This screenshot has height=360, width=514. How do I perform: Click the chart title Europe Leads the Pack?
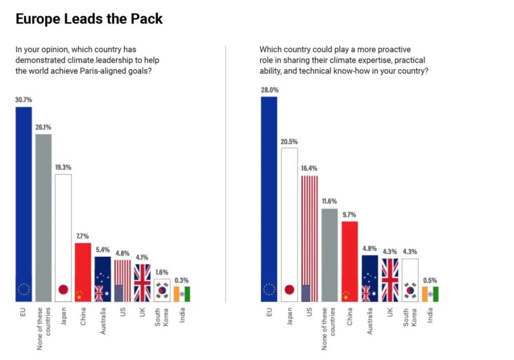pos(89,19)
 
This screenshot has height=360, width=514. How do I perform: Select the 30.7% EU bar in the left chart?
pos(24,200)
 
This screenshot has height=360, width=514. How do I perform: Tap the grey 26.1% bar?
pos(43,217)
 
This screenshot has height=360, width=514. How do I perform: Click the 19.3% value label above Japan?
pos(63,167)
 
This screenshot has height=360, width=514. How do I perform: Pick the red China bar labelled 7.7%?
pos(83,269)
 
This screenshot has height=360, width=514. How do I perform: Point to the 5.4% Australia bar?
pos(103,277)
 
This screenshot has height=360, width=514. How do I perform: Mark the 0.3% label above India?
pos(182,280)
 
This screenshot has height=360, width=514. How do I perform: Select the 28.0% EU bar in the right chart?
pos(269,197)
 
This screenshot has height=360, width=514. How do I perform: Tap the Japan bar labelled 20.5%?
pos(289,223)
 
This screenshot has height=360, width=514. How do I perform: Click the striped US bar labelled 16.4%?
pos(309,237)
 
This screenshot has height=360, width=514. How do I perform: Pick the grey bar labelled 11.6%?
pos(329,254)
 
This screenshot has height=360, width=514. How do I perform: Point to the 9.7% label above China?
pos(349,214)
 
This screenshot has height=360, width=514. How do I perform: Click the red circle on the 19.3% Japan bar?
pos(63,289)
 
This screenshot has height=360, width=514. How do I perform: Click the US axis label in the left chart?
pos(123,313)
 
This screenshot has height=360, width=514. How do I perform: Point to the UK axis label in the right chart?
pos(391,313)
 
